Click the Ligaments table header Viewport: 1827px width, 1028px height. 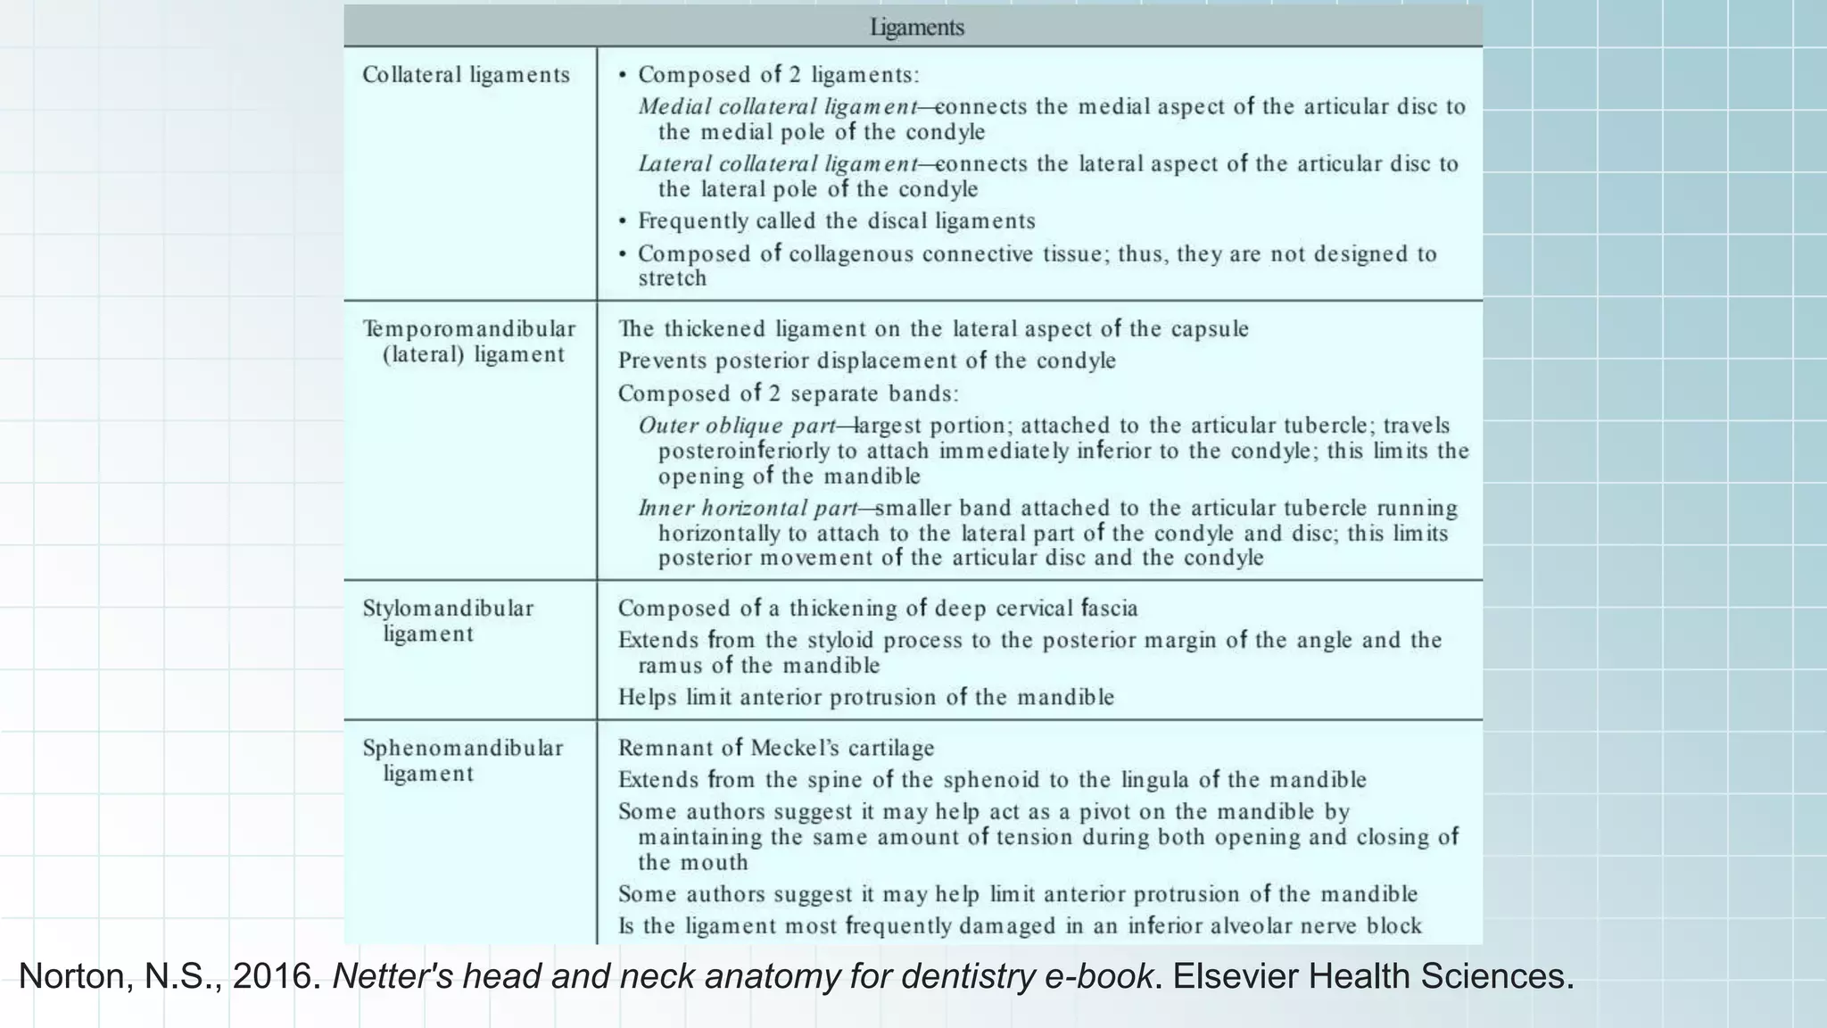[x=916, y=27]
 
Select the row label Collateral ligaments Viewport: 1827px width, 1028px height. [x=466, y=75]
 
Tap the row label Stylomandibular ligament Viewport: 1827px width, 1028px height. [x=448, y=621]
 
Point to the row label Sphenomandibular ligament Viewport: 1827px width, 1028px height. [x=462, y=760]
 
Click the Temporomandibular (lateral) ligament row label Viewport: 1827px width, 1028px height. [x=469, y=342]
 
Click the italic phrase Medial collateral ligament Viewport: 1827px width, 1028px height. [x=777, y=107]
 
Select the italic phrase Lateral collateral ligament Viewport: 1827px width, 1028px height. [x=777, y=164]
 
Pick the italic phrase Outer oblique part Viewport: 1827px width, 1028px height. [x=737, y=426]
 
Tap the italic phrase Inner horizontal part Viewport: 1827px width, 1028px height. [x=748, y=509]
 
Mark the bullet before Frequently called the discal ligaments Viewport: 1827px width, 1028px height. [x=623, y=221]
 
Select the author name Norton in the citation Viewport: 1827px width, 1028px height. [x=74, y=976]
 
